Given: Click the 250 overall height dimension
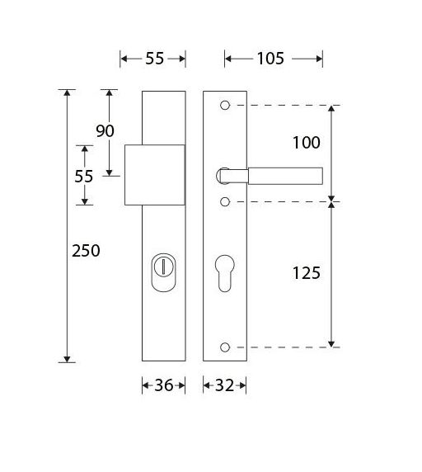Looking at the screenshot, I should coord(85,251).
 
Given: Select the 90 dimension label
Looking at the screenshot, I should coord(105,130).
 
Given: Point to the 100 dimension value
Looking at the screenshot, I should coord(306,143).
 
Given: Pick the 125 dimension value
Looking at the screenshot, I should coord(306,272).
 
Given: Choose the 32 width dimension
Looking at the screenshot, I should coord(225,385).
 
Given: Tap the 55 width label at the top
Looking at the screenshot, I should coord(154,58).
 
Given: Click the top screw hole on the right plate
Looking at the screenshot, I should coord(225,106).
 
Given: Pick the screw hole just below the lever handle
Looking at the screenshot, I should coord(225,201).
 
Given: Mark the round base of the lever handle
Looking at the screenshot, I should coord(223,174).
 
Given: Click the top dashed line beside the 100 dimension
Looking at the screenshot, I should coord(280,106).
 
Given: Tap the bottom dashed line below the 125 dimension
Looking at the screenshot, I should coord(280,347).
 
